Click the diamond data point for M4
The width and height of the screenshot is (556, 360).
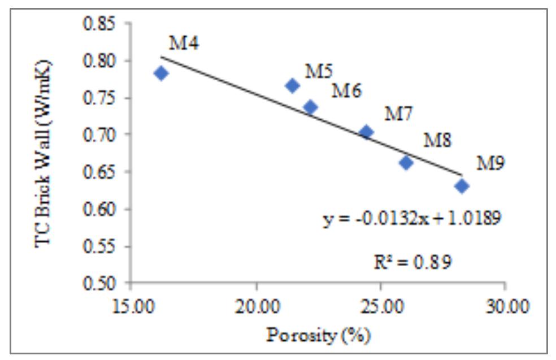click(161, 73)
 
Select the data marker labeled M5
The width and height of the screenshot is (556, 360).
click(292, 85)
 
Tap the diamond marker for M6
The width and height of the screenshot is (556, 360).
click(310, 107)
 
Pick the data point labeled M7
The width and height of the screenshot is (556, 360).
click(366, 132)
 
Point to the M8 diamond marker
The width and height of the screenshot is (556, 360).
click(406, 163)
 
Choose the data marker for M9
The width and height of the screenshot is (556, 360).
click(462, 186)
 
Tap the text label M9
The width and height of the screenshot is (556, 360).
click(490, 163)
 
